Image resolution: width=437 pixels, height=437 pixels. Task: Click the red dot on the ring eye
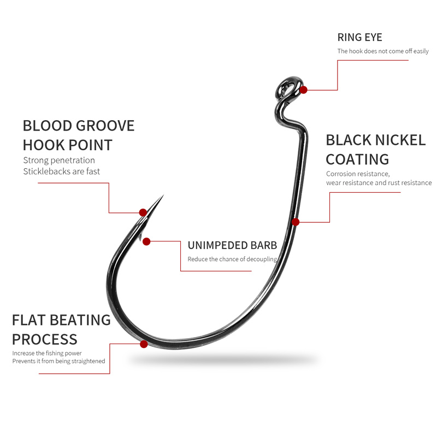tap(304, 90)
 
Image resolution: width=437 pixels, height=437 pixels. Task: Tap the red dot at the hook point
tap(143, 212)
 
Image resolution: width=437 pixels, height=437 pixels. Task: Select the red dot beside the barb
tap(146, 241)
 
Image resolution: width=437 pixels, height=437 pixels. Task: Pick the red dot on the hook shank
tap(296, 222)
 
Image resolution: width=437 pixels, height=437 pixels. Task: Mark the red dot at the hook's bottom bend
tap(144, 344)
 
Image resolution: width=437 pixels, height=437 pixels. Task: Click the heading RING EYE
tap(359, 37)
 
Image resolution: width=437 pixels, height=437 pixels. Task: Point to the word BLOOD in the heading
tap(48, 126)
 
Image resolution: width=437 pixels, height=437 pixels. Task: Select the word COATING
tap(357, 160)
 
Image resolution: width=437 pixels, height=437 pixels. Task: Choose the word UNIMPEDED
tap(217, 245)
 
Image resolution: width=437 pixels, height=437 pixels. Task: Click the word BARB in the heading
tap(264, 245)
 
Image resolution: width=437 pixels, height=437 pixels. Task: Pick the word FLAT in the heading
tap(29, 320)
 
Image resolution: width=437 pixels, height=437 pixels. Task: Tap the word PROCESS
tap(45, 339)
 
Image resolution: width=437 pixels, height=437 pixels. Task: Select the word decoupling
tap(262, 259)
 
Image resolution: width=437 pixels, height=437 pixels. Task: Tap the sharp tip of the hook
tap(163, 195)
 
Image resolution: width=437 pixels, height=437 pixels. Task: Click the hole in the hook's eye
tap(288, 89)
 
